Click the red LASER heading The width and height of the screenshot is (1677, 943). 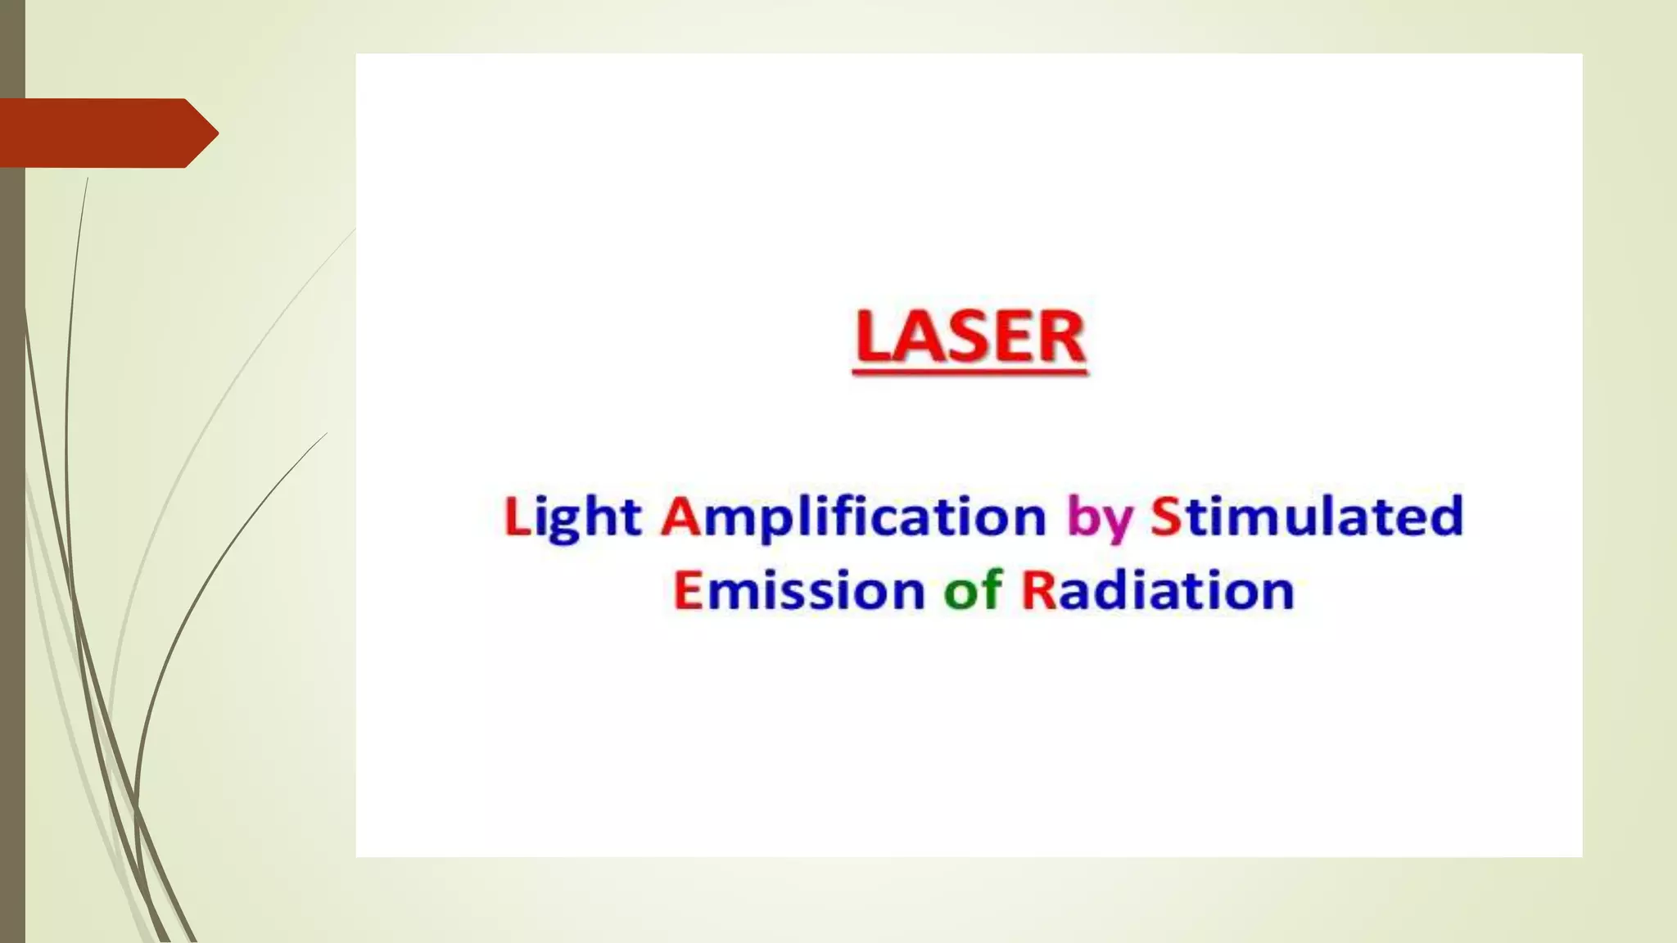pos(970,337)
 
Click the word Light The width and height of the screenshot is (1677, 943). pos(572,518)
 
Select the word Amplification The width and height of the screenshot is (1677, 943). pos(853,518)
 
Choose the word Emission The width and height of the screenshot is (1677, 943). pos(798,589)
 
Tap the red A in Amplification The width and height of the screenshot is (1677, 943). pos(680,517)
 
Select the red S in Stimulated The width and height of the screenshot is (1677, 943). pos(1165,517)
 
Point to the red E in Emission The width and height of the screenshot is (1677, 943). pos(687,589)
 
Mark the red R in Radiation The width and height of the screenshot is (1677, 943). pos(1038,589)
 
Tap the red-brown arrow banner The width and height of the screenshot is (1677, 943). pos(98,133)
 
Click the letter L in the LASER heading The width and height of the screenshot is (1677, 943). pos(873,337)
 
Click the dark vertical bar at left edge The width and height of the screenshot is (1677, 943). pos(12,491)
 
